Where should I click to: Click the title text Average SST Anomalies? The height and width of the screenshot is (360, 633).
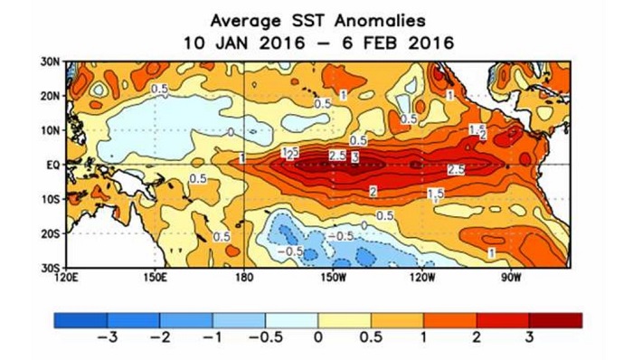(317, 19)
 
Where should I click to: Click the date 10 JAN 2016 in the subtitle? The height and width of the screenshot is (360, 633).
(240, 43)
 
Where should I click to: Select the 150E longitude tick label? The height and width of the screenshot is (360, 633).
(156, 277)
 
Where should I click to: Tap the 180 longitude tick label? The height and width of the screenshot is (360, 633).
(245, 277)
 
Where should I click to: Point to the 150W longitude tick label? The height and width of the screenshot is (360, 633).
(334, 277)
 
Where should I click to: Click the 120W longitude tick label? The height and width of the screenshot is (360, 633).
(423, 277)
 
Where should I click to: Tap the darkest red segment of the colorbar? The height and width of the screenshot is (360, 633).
(555, 319)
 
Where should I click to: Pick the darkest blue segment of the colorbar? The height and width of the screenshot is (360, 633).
(80, 319)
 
